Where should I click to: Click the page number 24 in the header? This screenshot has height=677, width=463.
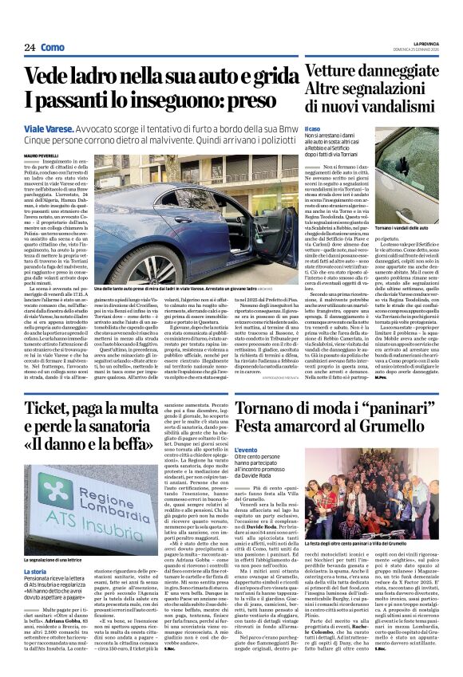[30, 47]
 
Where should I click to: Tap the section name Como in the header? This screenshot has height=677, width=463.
[51, 47]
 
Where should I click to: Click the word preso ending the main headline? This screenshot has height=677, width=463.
[256, 102]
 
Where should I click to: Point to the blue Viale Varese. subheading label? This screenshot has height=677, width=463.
[71, 128]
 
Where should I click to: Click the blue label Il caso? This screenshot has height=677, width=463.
[313, 128]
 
